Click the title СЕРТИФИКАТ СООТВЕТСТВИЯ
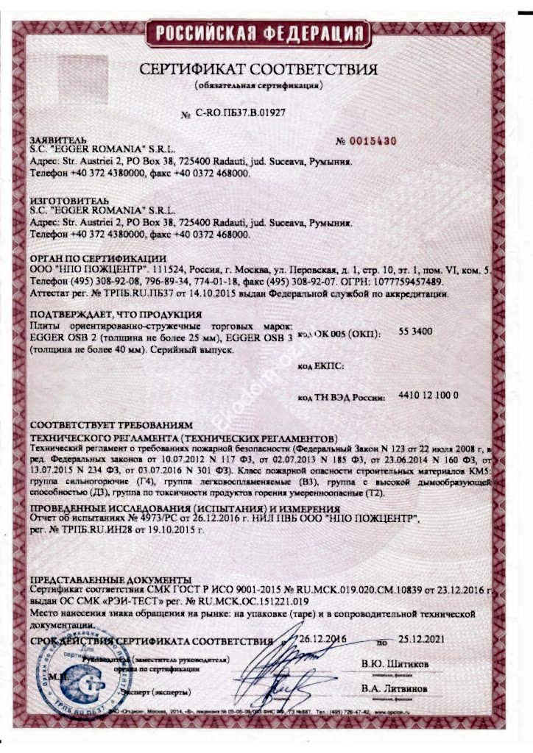pos(258,70)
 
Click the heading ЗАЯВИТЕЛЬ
pos(58,140)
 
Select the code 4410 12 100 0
pos(428,396)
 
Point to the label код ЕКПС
pos(321,365)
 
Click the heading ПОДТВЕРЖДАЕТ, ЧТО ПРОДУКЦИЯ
pos(102,314)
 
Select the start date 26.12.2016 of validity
pos(320,640)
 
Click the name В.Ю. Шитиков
pos(395,664)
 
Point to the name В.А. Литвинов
pos(394,689)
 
